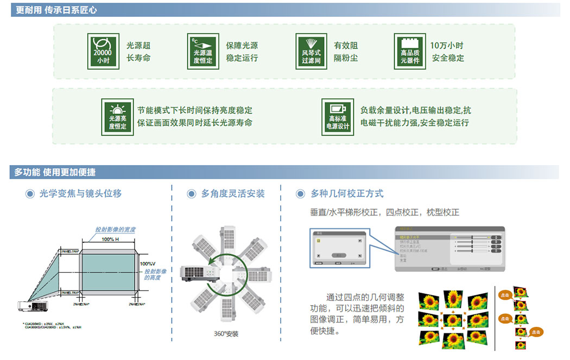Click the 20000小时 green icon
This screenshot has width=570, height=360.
tap(103, 51)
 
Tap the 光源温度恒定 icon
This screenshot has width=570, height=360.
tap(202, 51)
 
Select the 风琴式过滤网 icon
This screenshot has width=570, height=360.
tap(311, 51)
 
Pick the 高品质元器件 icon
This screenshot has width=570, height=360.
tap(410, 51)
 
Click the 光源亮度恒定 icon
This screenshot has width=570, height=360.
tap(117, 116)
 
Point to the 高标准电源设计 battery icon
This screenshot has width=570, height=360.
tap(337, 116)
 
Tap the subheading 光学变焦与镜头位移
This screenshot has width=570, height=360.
tap(80, 193)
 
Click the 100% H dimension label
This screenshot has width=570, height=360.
tap(110, 239)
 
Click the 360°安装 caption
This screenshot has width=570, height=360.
tap(226, 333)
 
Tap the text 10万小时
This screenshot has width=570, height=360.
tap(447, 46)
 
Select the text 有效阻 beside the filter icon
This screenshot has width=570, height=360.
tap(346, 46)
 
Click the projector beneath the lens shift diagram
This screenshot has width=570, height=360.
tap(32, 307)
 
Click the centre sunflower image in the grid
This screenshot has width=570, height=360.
tap(453, 320)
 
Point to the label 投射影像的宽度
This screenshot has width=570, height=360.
tap(115, 230)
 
